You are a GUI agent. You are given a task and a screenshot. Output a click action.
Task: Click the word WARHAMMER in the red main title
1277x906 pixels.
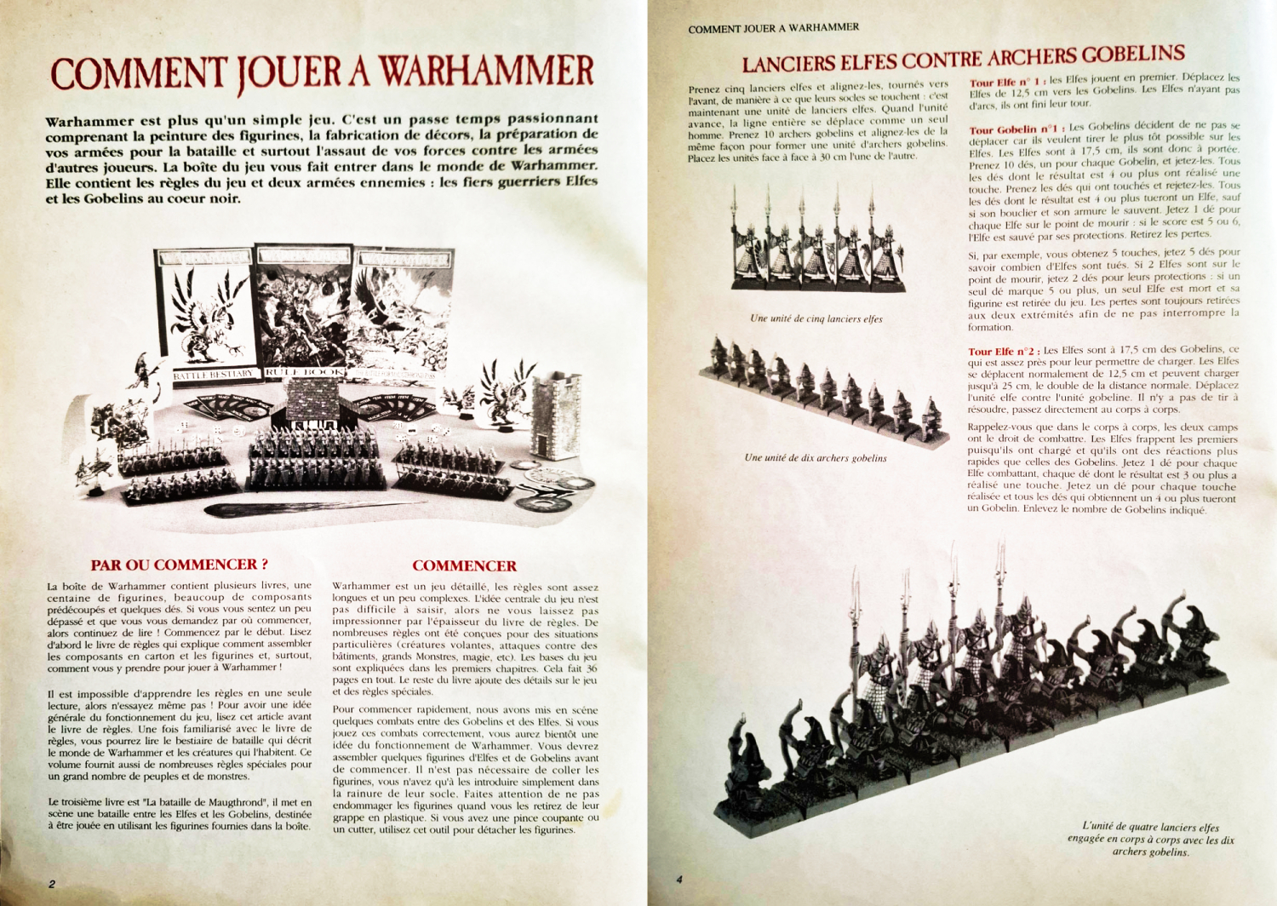point(486,72)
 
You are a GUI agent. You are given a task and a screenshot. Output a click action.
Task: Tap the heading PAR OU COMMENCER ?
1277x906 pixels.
point(180,565)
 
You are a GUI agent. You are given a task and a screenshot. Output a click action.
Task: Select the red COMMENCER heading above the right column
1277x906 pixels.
point(464,565)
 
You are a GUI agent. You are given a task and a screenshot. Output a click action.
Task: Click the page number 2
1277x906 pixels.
point(52,883)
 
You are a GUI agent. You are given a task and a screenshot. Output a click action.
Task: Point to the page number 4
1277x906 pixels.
point(679,879)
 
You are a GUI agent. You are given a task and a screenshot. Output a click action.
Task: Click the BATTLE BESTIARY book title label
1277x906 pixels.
point(213,374)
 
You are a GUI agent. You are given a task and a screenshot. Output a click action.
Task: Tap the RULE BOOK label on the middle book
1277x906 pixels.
point(305,372)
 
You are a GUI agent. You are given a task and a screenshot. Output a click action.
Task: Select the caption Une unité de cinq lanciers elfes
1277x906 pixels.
point(816,318)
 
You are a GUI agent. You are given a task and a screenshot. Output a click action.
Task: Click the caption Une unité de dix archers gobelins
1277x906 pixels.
point(815,457)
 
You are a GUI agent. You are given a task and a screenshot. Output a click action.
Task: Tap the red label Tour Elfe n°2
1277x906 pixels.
point(1003,351)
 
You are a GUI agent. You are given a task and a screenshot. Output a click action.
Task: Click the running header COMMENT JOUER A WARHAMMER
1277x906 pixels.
point(773,28)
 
